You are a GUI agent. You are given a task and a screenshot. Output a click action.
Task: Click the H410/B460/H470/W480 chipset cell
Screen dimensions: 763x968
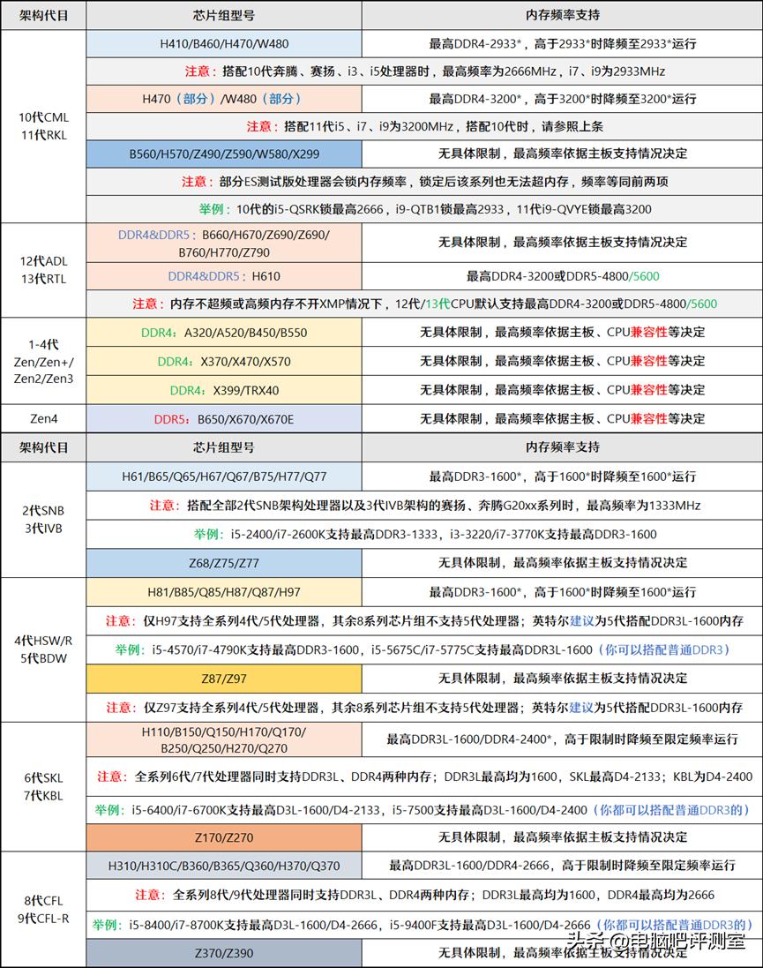point(224,43)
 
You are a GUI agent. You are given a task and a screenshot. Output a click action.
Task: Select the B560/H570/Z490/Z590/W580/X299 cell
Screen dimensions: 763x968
point(224,154)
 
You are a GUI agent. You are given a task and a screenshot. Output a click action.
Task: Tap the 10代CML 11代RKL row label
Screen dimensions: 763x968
point(43,126)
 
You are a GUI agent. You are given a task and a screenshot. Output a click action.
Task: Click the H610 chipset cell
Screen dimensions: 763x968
point(224,276)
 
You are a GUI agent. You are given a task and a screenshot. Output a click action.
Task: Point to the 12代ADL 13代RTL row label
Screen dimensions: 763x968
point(43,270)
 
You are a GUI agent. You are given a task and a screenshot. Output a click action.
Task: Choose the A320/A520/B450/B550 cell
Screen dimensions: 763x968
point(224,333)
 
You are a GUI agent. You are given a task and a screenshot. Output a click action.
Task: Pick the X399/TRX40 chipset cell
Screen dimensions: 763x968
point(224,389)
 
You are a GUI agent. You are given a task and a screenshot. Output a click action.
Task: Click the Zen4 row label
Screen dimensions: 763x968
point(43,418)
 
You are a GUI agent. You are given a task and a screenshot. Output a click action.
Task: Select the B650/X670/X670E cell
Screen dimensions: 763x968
point(224,418)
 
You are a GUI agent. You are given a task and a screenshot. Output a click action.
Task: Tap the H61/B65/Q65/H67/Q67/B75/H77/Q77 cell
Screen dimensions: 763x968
point(224,476)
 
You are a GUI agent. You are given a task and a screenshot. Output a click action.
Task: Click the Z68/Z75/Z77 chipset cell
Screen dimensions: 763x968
point(224,562)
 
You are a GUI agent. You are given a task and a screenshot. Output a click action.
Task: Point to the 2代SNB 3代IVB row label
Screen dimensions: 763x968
point(43,520)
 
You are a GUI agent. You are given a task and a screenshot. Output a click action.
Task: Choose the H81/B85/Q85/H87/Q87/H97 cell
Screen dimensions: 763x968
point(224,591)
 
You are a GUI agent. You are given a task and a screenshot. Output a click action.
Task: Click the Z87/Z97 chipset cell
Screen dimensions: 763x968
point(224,678)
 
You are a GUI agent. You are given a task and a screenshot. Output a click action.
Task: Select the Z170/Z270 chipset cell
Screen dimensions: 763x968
point(224,837)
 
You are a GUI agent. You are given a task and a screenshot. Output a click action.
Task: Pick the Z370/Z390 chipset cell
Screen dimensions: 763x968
point(224,953)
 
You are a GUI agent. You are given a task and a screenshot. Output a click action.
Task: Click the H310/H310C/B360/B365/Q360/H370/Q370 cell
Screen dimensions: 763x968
point(224,866)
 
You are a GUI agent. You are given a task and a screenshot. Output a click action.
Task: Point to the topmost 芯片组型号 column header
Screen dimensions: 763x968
point(224,15)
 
